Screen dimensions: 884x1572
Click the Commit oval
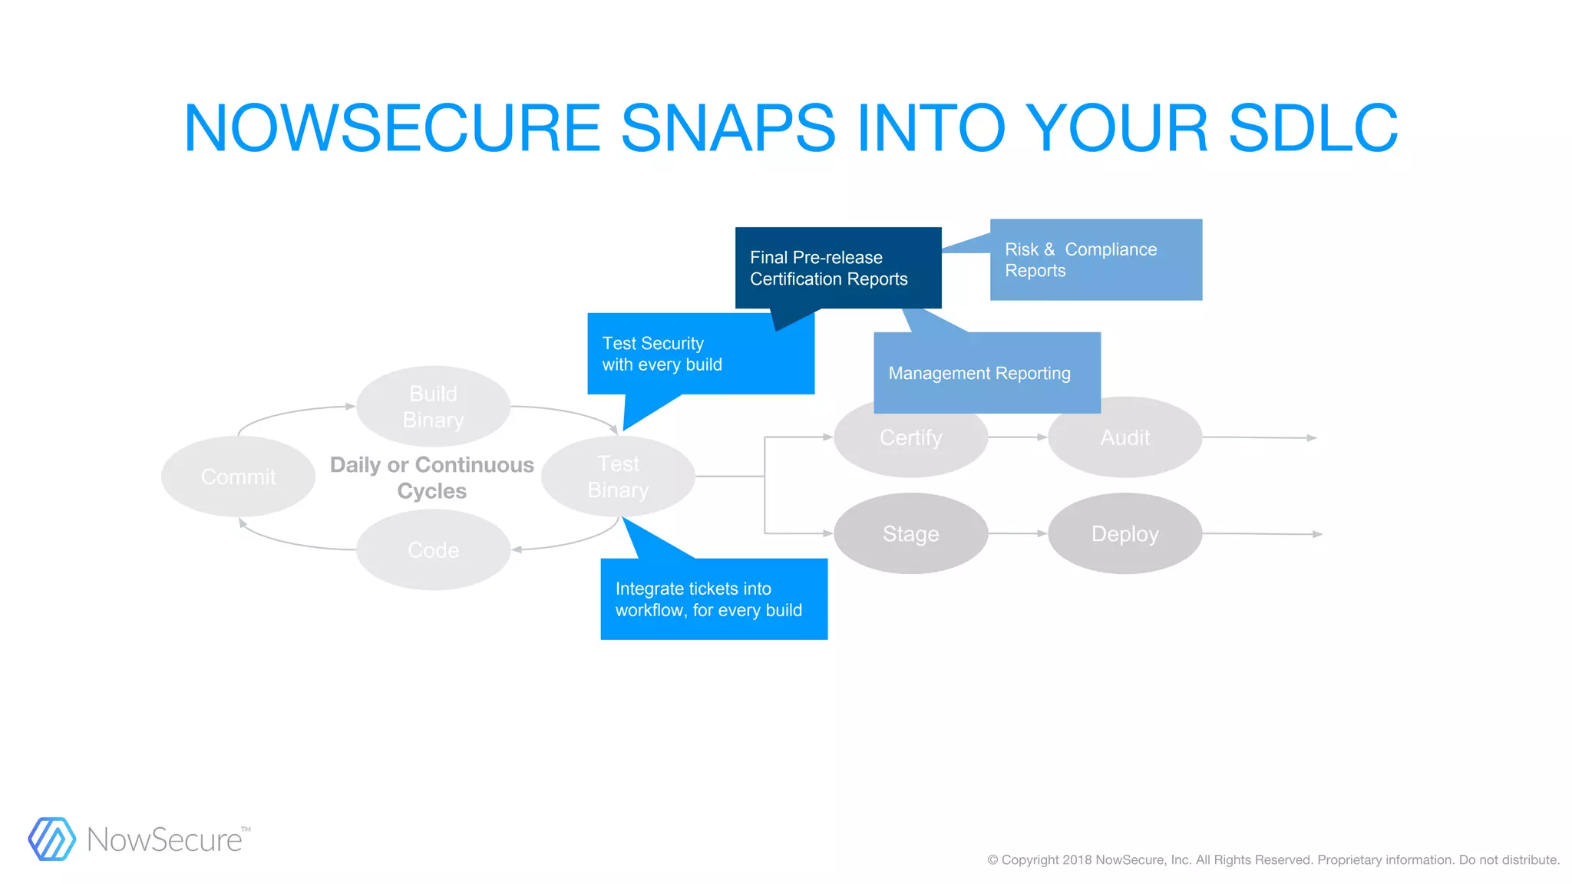[x=238, y=477]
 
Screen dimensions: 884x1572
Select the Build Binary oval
[x=434, y=407]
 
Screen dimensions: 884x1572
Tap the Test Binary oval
[x=618, y=477]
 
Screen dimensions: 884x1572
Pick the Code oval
[x=434, y=549]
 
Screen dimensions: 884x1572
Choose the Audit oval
[x=1125, y=441]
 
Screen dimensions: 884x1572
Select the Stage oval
[x=910, y=533]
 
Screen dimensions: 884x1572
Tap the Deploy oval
[x=1125, y=533]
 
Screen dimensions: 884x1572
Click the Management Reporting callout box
[x=987, y=373]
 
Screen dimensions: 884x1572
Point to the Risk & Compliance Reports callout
[x=1096, y=259]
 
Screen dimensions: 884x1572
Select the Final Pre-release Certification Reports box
[x=838, y=268]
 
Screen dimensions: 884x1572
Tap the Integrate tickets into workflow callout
[x=714, y=599]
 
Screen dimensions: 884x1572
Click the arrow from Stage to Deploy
[x=1018, y=533]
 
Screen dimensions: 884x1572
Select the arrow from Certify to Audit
[x=1018, y=437]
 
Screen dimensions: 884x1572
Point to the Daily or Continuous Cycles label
[x=432, y=477]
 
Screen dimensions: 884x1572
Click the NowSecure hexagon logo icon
[x=52, y=839]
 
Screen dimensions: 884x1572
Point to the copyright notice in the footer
[x=1273, y=859]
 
